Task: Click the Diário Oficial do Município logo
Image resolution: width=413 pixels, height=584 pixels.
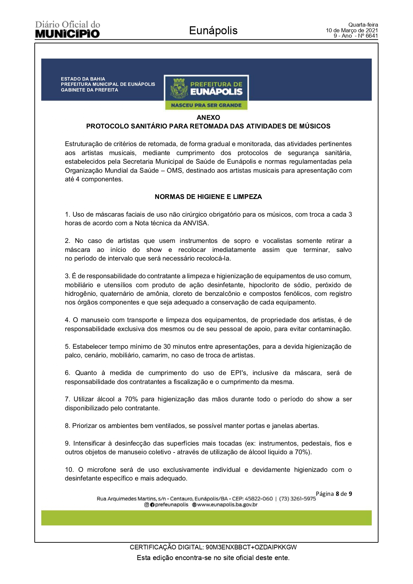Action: pos(68,30)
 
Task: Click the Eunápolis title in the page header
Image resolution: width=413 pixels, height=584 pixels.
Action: pos(213,31)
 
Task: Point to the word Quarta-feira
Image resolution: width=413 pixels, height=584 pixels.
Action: pos(363,25)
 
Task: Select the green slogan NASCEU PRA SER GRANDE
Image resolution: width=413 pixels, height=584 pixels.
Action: pos(206,105)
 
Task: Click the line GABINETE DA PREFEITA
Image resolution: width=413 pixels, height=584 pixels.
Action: pos(89,90)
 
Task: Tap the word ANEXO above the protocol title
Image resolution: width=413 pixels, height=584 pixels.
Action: pos(208,117)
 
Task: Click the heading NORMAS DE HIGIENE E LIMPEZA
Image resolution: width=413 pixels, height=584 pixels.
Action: pos(208,197)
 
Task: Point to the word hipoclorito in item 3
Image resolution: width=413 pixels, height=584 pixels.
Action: pos(265,285)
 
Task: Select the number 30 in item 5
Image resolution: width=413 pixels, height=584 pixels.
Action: pos(167,347)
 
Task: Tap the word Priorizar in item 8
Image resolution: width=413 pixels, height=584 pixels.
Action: pos(85,426)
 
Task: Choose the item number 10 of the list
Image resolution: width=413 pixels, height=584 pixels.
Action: pos(69,470)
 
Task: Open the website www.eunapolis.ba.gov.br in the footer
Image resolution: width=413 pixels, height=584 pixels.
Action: pos(227,505)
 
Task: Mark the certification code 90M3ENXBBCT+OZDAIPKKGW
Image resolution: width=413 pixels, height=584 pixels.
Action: pos(251,547)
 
